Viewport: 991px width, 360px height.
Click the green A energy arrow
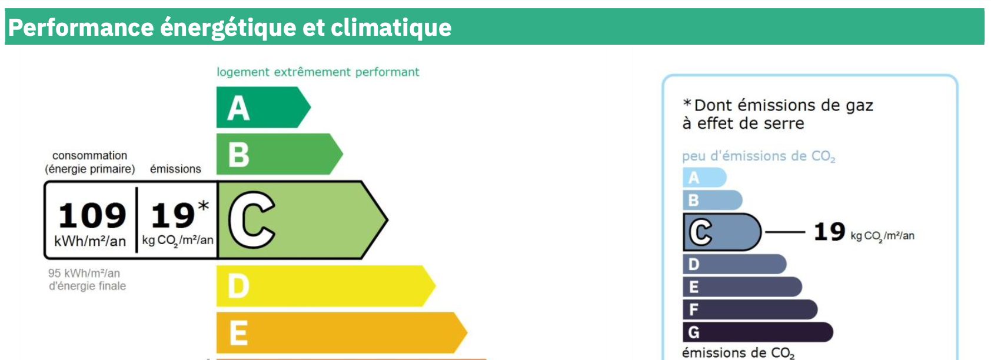pyautogui.click(x=263, y=108)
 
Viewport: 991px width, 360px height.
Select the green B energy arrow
pyautogui.click(x=279, y=154)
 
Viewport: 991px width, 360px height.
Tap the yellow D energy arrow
pyautogui.click(x=325, y=286)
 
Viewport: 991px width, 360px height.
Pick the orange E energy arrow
pyautogui.click(x=341, y=332)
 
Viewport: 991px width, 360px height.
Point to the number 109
pyautogui.click(x=92, y=215)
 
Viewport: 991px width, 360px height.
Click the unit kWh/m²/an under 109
pyautogui.click(x=90, y=242)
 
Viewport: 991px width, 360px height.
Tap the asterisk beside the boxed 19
pyautogui.click(x=204, y=206)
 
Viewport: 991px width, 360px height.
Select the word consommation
pyautogui.click(x=90, y=156)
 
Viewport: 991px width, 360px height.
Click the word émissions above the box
pyautogui.click(x=175, y=169)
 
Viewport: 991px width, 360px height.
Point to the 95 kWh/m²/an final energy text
pyautogui.click(x=84, y=274)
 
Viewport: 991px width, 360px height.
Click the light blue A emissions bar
pyautogui.click(x=704, y=177)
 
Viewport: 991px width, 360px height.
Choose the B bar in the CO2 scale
pyautogui.click(x=712, y=201)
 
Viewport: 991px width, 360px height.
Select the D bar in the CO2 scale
pyautogui.click(x=734, y=264)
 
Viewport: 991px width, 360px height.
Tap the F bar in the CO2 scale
pyautogui.click(x=750, y=309)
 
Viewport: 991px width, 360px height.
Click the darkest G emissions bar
pyautogui.click(x=758, y=332)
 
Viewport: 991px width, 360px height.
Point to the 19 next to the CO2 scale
pyautogui.click(x=829, y=232)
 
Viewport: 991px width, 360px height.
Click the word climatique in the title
pyautogui.click(x=391, y=28)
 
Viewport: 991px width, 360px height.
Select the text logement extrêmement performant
pyautogui.click(x=318, y=72)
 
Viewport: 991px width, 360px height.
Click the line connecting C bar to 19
pyautogui.click(x=785, y=232)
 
